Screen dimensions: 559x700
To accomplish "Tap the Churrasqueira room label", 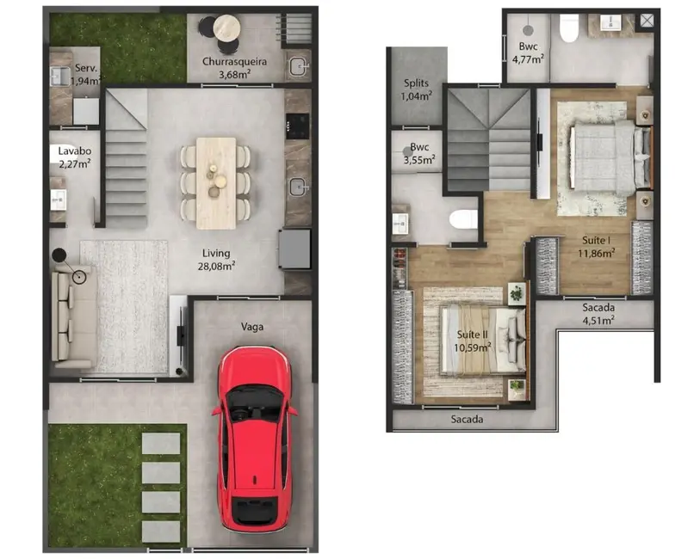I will tap(234, 67).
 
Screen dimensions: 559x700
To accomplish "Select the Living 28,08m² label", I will tap(216, 259).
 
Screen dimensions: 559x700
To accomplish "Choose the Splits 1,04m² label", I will tap(417, 89).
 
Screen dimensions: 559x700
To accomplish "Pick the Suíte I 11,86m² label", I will tap(596, 247).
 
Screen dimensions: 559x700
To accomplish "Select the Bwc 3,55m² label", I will tap(419, 152).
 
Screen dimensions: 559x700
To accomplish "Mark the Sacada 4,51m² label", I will tap(598, 315).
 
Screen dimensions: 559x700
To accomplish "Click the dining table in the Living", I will tap(216, 182).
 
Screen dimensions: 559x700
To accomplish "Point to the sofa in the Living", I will tap(65, 314).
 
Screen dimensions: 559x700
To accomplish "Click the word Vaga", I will tap(252, 326).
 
